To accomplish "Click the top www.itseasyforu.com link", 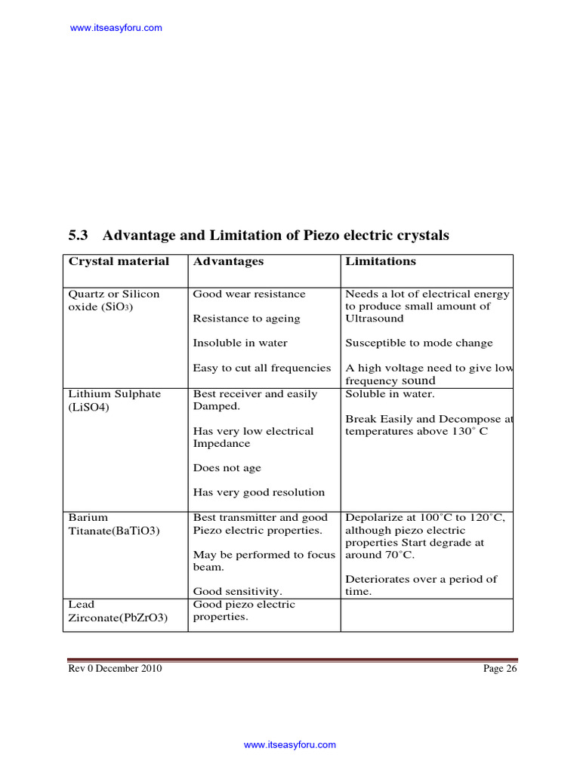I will click(116, 28).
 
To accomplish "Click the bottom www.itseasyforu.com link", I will click(289, 744).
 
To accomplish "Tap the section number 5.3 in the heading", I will click(79, 236).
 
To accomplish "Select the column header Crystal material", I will click(119, 261).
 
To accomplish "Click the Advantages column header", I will click(228, 261).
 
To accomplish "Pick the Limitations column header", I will click(381, 261).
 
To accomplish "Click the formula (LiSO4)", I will click(89, 407).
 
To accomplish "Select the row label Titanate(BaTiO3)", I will click(114, 531).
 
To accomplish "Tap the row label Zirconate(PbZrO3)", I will click(118, 617).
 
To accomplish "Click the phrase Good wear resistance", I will click(249, 294).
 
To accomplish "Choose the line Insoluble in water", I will click(240, 343).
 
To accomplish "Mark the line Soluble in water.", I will click(390, 394).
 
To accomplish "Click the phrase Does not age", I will click(227, 468).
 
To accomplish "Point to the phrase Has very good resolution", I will click(259, 492).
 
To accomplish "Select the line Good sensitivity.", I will click(237, 592).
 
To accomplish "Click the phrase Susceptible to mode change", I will click(418, 343).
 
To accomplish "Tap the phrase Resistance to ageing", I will click(246, 319).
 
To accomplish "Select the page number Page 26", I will click(500, 669).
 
